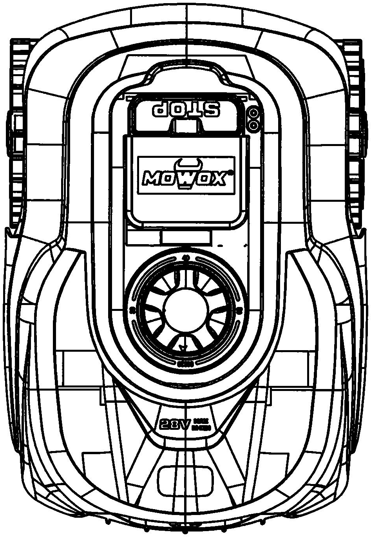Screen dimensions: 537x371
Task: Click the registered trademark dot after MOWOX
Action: click(x=231, y=172)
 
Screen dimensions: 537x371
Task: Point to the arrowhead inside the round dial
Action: click(x=181, y=346)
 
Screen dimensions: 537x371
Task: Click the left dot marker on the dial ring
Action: click(x=132, y=310)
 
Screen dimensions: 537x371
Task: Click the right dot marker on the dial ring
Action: click(x=239, y=310)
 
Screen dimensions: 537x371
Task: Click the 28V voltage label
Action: click(x=175, y=424)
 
